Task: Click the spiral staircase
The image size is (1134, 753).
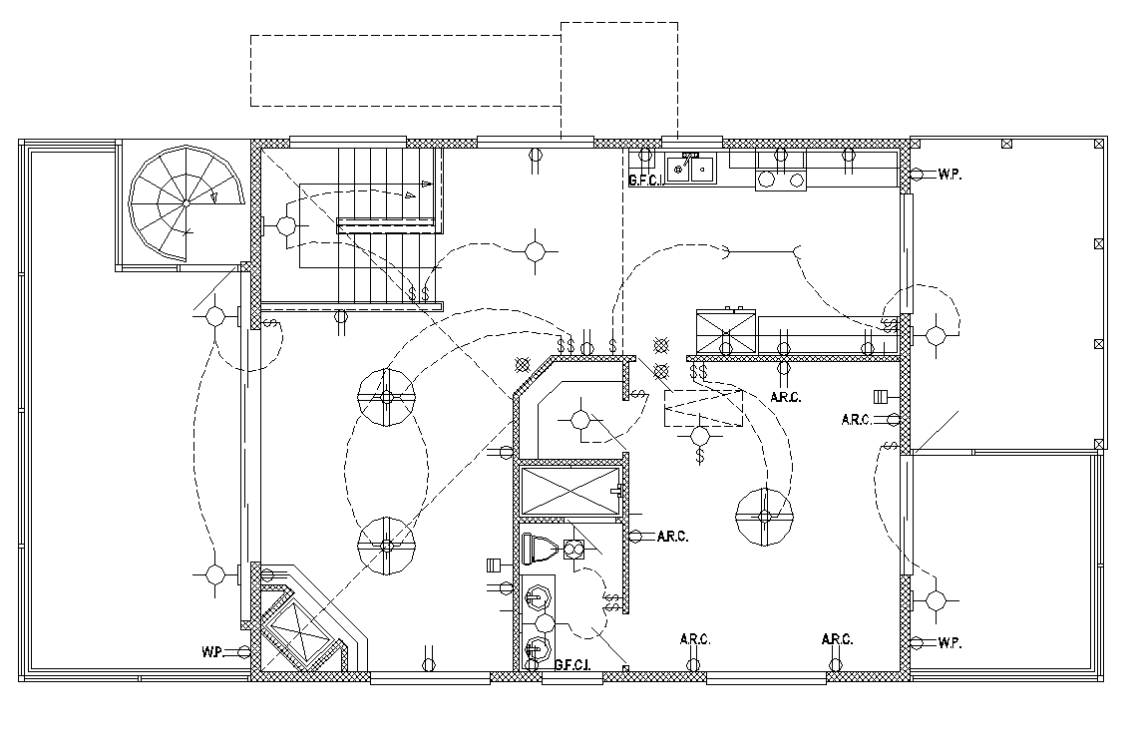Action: (186, 203)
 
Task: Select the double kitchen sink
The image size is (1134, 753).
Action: (690, 170)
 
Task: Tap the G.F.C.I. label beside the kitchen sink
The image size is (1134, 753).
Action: (646, 181)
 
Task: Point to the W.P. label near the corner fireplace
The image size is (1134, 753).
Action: (210, 652)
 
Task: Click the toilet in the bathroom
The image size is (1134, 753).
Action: (541, 548)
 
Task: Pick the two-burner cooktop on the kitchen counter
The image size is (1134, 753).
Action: (780, 170)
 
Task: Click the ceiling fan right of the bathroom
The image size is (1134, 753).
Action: (764, 516)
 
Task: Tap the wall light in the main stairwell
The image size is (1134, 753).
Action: (286, 225)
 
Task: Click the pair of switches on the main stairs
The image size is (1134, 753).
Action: (420, 294)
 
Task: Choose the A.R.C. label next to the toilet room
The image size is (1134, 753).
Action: (672, 537)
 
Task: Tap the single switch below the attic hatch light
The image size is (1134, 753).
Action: (701, 455)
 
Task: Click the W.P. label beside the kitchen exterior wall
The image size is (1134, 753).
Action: (948, 174)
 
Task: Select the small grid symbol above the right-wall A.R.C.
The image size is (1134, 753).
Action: (881, 394)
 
